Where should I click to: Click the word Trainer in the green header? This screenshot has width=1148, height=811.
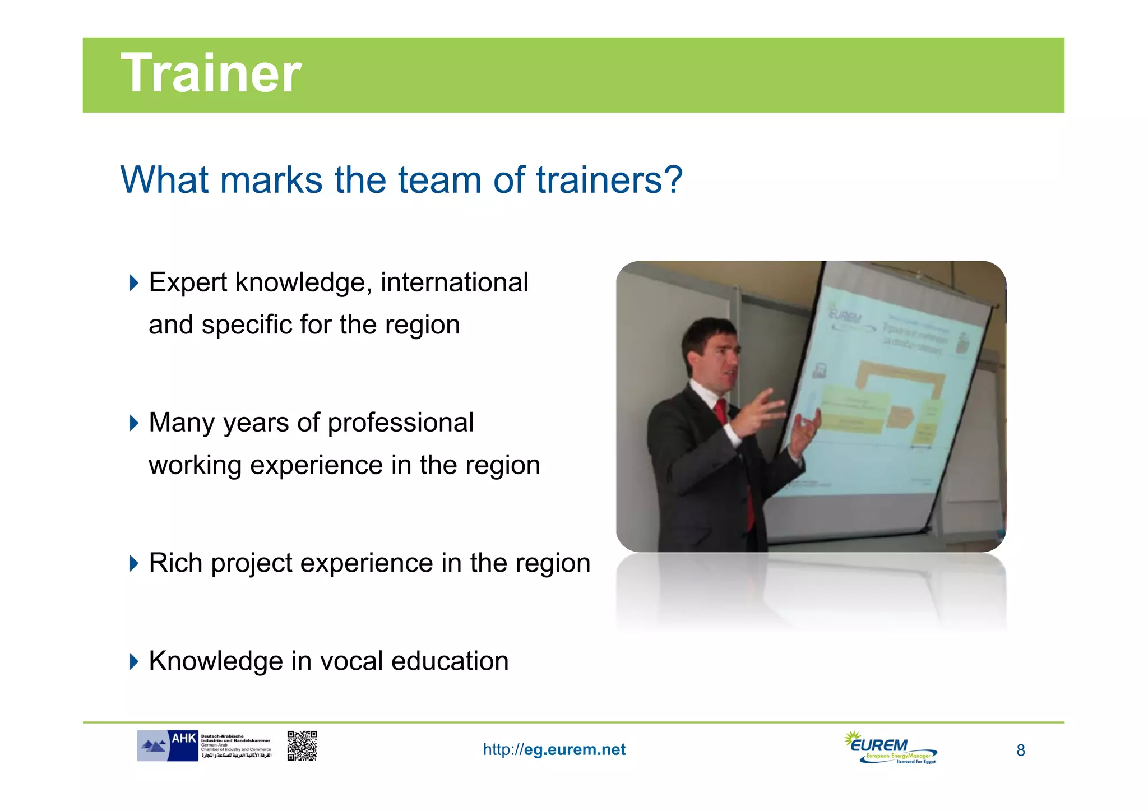pos(211,73)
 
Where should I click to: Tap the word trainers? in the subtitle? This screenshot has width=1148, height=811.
pos(609,180)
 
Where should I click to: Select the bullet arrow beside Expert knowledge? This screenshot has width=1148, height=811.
pos(133,282)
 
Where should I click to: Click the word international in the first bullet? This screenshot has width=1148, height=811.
pos(454,282)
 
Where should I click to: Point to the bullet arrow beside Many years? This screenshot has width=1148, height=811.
pos(133,423)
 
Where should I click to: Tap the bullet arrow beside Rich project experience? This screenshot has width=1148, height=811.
pos(133,563)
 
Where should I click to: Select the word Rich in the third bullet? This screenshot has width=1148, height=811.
pos(175,563)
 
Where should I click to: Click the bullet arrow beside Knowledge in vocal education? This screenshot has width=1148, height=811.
pos(133,661)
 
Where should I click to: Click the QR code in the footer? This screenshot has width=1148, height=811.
pos(302,746)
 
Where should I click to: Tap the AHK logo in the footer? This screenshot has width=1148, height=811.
pos(167,746)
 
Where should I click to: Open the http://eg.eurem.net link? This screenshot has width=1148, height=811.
pos(554,750)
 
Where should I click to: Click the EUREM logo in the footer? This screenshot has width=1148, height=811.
pos(890,748)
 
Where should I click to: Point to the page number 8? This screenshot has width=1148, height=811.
pos(1021,750)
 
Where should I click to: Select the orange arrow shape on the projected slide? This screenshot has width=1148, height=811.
pos(899,415)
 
